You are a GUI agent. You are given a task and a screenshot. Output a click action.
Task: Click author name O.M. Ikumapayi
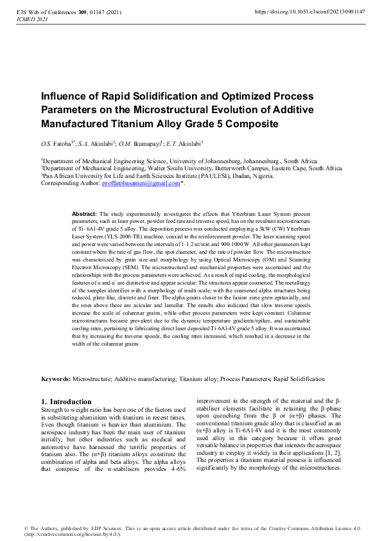pos(139,143)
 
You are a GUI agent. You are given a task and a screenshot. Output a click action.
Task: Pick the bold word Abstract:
pos(84,213)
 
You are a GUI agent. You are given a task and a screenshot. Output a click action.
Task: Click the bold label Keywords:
pos(56,380)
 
